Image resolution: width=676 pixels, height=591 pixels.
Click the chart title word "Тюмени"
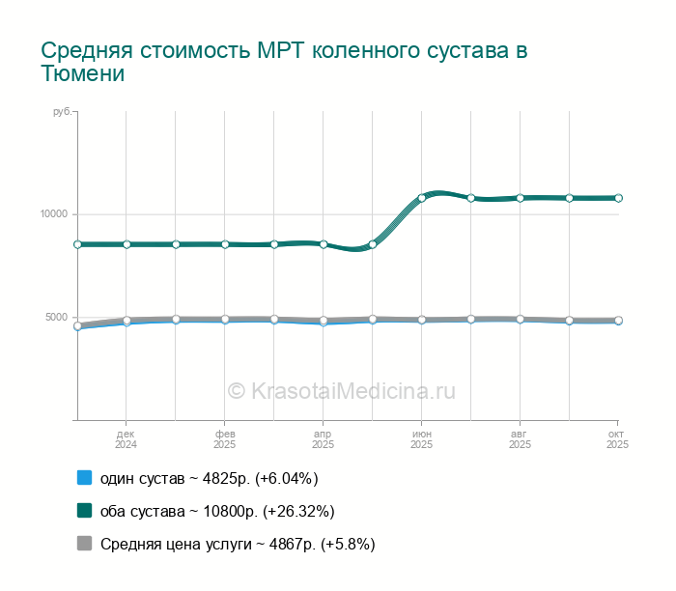coord(83,73)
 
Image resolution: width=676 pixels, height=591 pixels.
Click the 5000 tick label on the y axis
coord(56,318)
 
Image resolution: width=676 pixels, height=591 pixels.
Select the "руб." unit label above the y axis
coord(63,113)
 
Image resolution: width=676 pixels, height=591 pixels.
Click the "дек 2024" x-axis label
coord(126,439)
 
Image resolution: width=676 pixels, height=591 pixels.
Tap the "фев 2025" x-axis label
coord(224,439)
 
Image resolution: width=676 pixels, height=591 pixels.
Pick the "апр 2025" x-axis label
coord(323,439)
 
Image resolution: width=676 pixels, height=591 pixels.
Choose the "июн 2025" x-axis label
coord(421,439)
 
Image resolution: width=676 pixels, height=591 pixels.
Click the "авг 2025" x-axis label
coord(520,439)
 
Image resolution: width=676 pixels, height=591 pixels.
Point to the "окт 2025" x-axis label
coord(617,439)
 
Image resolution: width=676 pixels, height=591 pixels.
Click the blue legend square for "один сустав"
coord(84,478)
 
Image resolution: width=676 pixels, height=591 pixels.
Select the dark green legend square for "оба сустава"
coord(84,511)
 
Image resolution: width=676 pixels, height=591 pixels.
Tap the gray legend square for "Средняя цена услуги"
coord(84,544)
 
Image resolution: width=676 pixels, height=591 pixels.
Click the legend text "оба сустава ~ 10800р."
coord(217,511)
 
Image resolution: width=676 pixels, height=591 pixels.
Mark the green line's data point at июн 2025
coord(422,198)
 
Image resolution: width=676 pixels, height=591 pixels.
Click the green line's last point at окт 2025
coord(618,198)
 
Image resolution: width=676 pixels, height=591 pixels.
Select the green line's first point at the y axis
coord(77,244)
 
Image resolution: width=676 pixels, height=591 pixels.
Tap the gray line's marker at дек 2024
coord(127,321)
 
